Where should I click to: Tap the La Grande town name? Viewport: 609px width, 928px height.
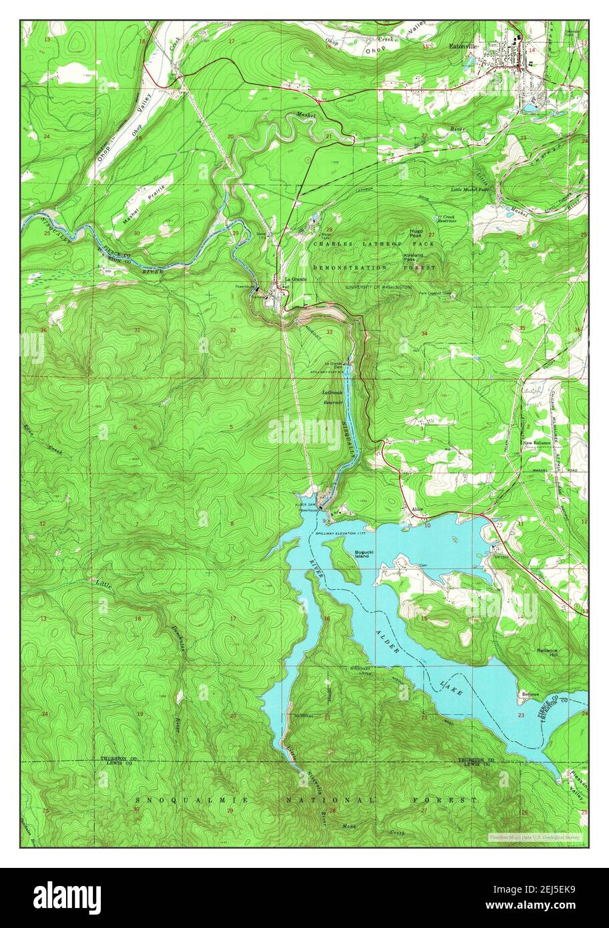click(x=295, y=278)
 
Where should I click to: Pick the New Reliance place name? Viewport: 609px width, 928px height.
click(x=536, y=443)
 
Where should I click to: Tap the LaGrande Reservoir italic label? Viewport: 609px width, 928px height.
click(x=333, y=397)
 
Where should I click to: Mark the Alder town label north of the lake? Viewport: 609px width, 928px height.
click(x=418, y=509)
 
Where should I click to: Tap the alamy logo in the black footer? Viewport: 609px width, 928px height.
click(x=67, y=897)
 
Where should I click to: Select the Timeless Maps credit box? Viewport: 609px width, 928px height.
click(x=534, y=837)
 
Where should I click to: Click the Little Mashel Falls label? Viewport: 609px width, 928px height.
click(x=470, y=190)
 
